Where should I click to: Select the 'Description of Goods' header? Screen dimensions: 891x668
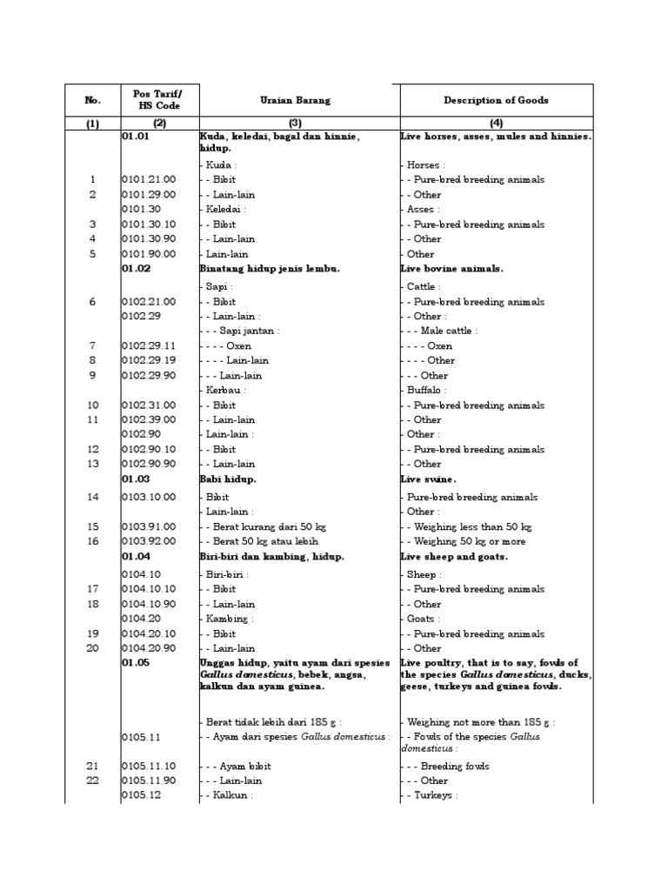click(496, 101)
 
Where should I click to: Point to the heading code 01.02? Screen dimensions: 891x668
click(137, 269)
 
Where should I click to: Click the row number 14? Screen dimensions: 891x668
click(93, 497)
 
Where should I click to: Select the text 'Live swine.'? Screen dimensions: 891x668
click(429, 479)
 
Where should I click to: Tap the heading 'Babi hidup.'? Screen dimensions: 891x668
click(228, 479)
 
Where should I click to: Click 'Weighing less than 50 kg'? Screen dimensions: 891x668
click(470, 526)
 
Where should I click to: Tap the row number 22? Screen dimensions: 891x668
click(93, 780)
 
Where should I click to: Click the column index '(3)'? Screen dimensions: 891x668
click(299, 124)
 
